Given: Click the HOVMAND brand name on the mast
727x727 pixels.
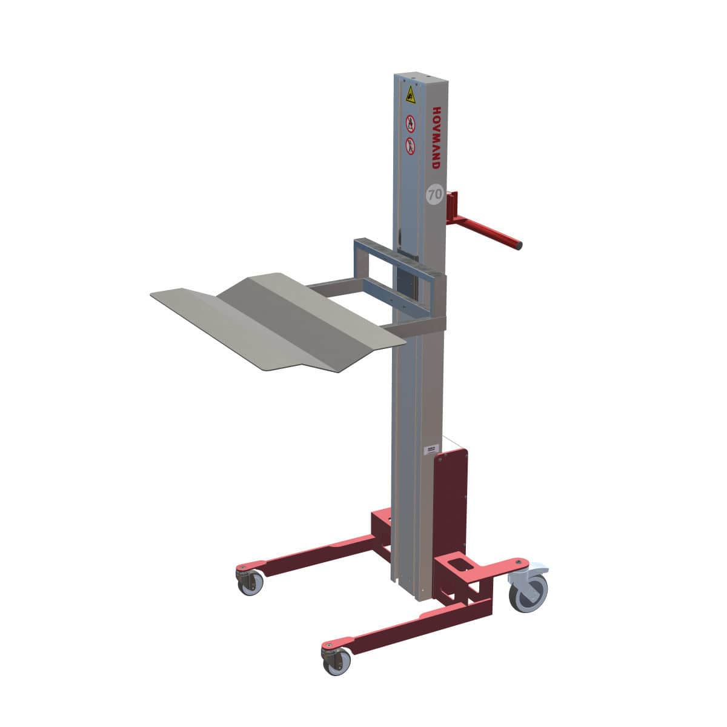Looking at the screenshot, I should [436, 138].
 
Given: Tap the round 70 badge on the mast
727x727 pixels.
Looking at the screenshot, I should [433, 195].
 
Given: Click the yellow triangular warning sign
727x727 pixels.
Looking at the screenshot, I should [411, 95].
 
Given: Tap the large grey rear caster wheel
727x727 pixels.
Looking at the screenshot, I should [529, 593].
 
